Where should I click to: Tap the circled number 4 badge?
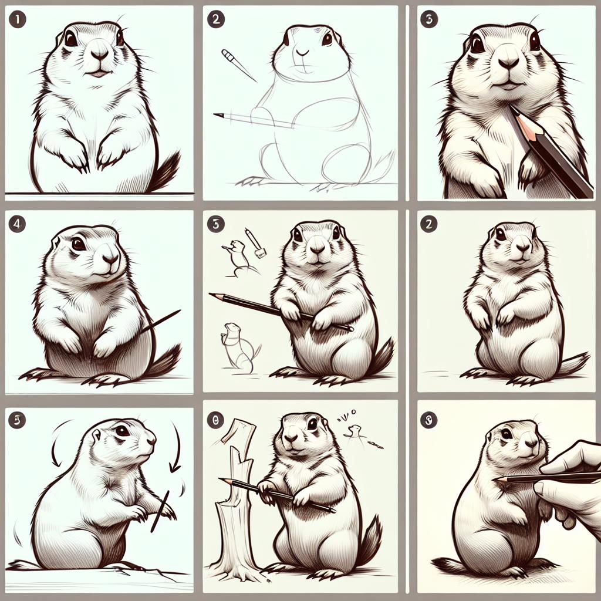(16, 223)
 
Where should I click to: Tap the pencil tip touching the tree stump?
(224, 481)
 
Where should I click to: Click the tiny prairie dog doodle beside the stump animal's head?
(355, 431)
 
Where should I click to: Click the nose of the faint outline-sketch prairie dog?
(303, 52)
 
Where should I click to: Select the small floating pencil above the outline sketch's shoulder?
(238, 65)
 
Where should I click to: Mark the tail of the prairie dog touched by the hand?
(450, 565)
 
